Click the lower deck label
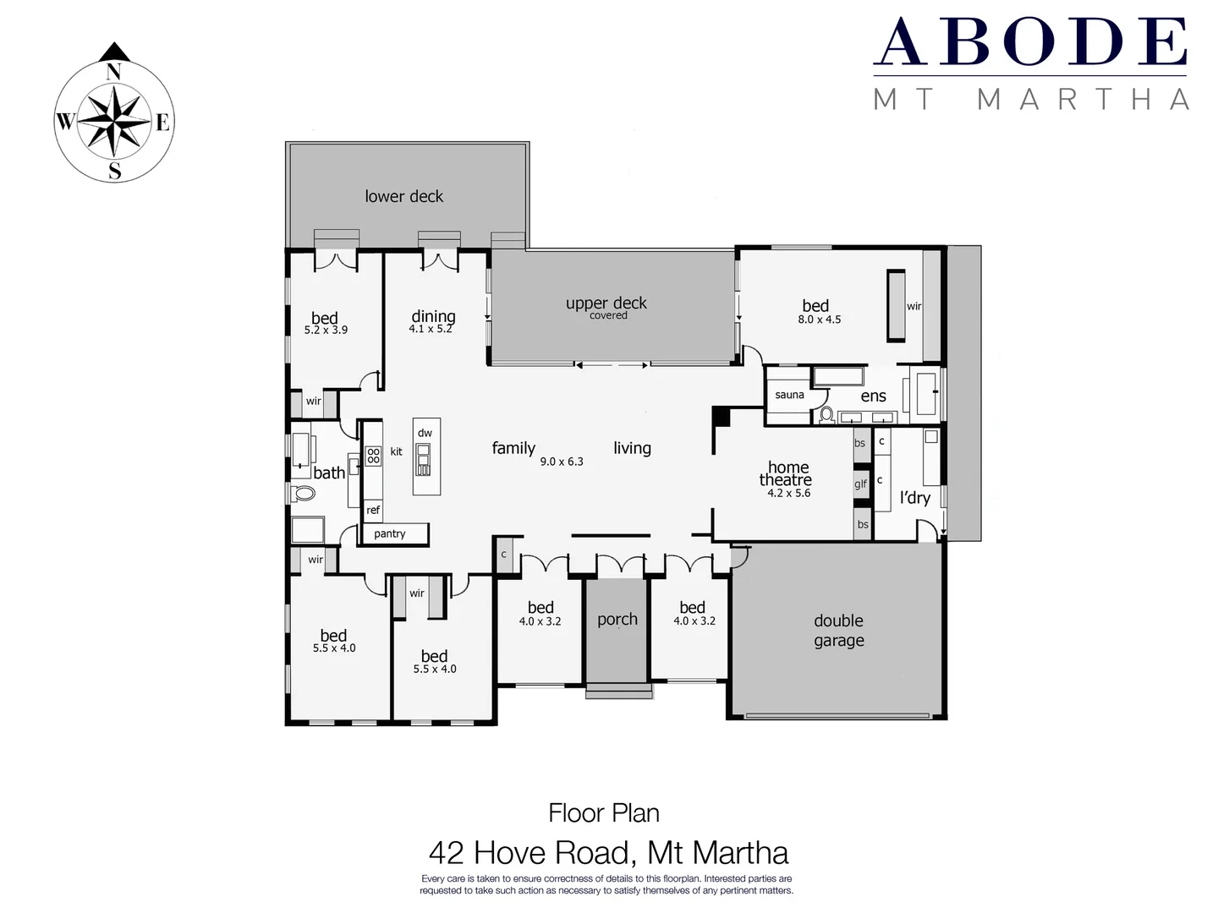403,196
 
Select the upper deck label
606,303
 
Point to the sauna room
789,395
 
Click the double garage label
838,631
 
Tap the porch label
617,620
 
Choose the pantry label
390,533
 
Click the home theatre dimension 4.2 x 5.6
788,493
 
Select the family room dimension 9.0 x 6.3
562,462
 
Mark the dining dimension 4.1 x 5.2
431,329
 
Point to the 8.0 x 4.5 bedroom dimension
819,320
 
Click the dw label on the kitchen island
425,433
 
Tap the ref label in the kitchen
373,510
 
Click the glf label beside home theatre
860,484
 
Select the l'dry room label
914,498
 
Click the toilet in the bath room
302,493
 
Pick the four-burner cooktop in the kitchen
373,456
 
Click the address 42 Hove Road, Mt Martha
608,852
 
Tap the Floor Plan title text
604,813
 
